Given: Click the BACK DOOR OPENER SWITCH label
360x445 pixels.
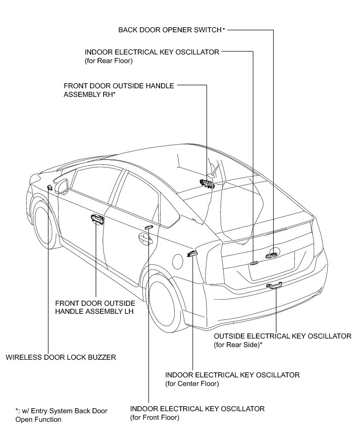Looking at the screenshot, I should click(171, 30).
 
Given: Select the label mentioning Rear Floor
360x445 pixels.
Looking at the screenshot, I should click(151, 55).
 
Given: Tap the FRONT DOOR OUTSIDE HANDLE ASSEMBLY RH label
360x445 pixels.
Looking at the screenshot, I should click(119, 90).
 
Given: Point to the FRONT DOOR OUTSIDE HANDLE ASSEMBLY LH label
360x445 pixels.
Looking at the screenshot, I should click(95, 307).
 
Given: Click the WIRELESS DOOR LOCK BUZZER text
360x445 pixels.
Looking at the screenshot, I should click(61, 357).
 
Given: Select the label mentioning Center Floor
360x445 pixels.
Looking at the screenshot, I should click(232, 379).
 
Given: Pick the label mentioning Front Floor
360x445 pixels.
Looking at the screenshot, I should click(197, 413).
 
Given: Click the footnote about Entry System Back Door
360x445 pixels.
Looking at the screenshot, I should click(61, 415).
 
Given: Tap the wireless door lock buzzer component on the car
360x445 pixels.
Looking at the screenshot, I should click(49, 188).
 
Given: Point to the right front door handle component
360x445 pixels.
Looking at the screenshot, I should click(207, 183).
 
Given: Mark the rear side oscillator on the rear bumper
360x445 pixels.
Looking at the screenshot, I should click(275, 286).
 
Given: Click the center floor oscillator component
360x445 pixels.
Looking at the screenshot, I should click(192, 253).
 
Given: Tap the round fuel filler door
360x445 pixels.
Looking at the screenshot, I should click(178, 261).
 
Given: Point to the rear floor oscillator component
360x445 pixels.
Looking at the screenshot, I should click(254, 262).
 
